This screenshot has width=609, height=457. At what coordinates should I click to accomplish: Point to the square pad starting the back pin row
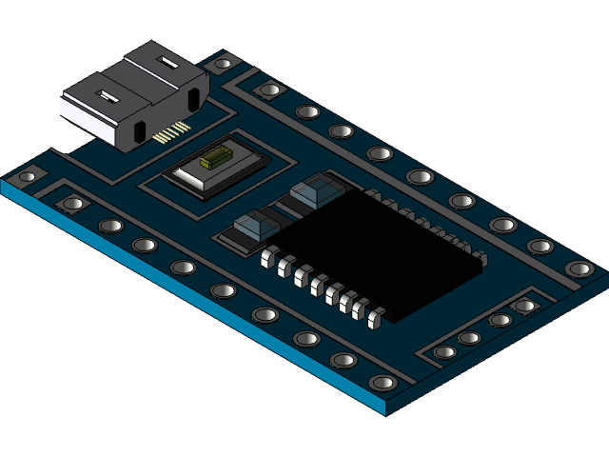pyautogui.click(x=270, y=90)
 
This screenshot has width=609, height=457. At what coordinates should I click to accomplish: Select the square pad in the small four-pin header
pyautogui.click(x=524, y=307)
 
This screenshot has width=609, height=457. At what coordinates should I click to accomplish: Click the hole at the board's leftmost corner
pyautogui.click(x=27, y=176)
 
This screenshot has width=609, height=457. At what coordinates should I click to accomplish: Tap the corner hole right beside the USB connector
pyautogui.click(x=223, y=64)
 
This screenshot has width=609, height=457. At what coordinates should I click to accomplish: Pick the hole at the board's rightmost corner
pyautogui.click(x=580, y=269)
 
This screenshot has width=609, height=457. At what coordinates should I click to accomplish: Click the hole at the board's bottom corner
pyautogui.click(x=383, y=383)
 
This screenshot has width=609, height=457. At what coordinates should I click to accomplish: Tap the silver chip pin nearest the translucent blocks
pyautogui.click(x=269, y=254)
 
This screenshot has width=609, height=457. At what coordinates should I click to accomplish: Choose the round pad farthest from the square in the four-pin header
pyautogui.click(x=444, y=352)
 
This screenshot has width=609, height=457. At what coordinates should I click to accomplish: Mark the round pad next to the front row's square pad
pyautogui.click(x=110, y=226)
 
